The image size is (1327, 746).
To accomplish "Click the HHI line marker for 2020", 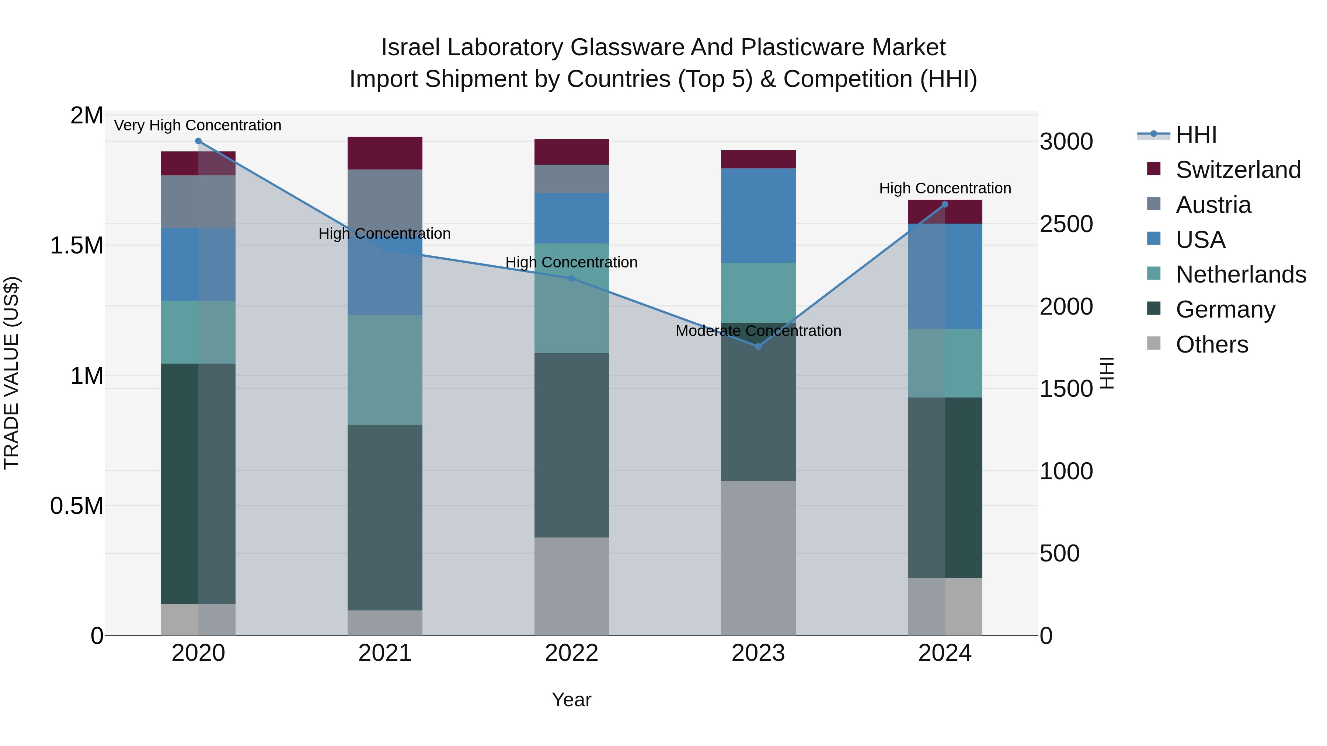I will pyautogui.click(x=198, y=141).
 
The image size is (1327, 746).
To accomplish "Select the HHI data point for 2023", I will pyautogui.click(x=758, y=347).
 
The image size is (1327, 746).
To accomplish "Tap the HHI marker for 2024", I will pyautogui.click(x=945, y=204).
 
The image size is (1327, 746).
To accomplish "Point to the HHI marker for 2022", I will pyautogui.click(x=571, y=279).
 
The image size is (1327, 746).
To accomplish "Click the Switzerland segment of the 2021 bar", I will pyautogui.click(x=385, y=153).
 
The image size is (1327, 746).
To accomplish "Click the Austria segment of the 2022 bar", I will pyautogui.click(x=571, y=179).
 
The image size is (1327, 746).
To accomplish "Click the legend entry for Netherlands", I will pyautogui.click(x=1240, y=274).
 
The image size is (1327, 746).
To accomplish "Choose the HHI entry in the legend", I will pyautogui.click(x=1196, y=135).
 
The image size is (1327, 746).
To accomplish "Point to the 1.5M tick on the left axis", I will pyautogui.click(x=76, y=246).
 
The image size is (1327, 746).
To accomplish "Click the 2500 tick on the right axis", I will pyautogui.click(x=1066, y=224).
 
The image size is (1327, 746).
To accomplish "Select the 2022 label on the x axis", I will pyautogui.click(x=571, y=653).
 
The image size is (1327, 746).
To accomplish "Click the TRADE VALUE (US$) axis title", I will pyautogui.click(x=11, y=373).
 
